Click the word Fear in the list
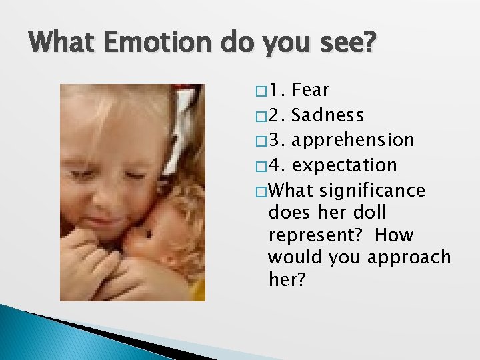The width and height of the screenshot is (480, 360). (311, 90)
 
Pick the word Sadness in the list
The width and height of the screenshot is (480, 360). (328, 115)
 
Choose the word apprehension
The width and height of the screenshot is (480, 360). (353, 141)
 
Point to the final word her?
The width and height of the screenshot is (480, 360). (287, 279)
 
